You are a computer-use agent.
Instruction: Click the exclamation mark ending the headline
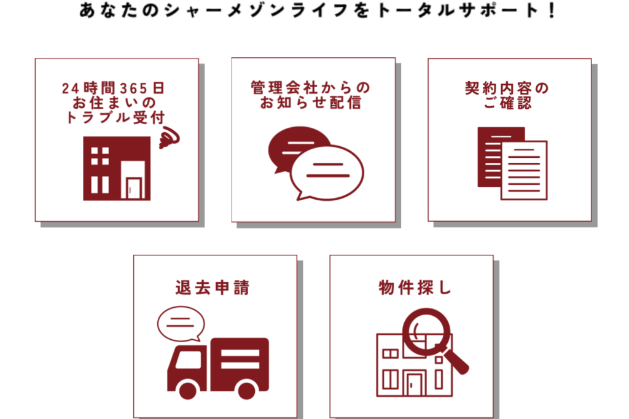point(552,10)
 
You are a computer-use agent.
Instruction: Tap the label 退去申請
point(212,288)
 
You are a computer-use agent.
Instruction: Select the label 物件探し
point(415,288)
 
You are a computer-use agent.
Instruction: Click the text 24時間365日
point(113,88)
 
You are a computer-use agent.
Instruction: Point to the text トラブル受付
point(115,117)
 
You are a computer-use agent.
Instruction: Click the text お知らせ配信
point(310,103)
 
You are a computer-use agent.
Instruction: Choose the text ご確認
point(507,103)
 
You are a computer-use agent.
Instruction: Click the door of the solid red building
point(133,187)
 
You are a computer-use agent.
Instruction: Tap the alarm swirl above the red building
point(169,137)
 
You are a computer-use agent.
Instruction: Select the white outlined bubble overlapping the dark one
point(327,173)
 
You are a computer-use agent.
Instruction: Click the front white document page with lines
point(524,170)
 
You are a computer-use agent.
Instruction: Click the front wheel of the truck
point(188,390)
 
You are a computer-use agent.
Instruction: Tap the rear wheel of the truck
point(247,390)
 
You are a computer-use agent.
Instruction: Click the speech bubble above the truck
point(181,324)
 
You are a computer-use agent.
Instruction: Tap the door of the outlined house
point(414,383)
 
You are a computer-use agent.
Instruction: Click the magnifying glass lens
point(426,331)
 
